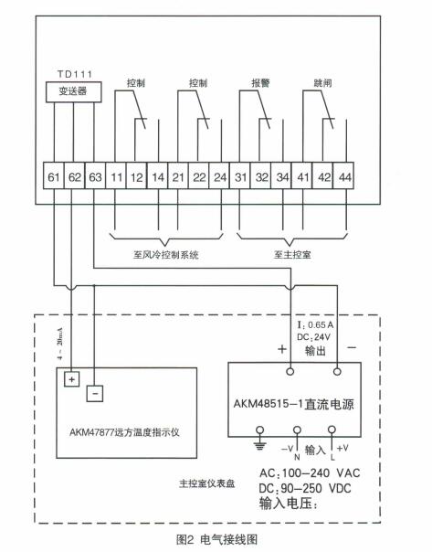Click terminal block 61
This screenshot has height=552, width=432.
point(54,175)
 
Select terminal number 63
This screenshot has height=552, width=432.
point(96,175)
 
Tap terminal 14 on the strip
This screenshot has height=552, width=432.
point(159,175)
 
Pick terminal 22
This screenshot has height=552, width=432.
point(200,175)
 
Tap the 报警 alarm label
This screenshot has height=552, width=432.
point(259,82)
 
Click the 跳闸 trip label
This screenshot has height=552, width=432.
point(323,82)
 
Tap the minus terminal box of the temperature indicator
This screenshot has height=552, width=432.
point(95,395)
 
